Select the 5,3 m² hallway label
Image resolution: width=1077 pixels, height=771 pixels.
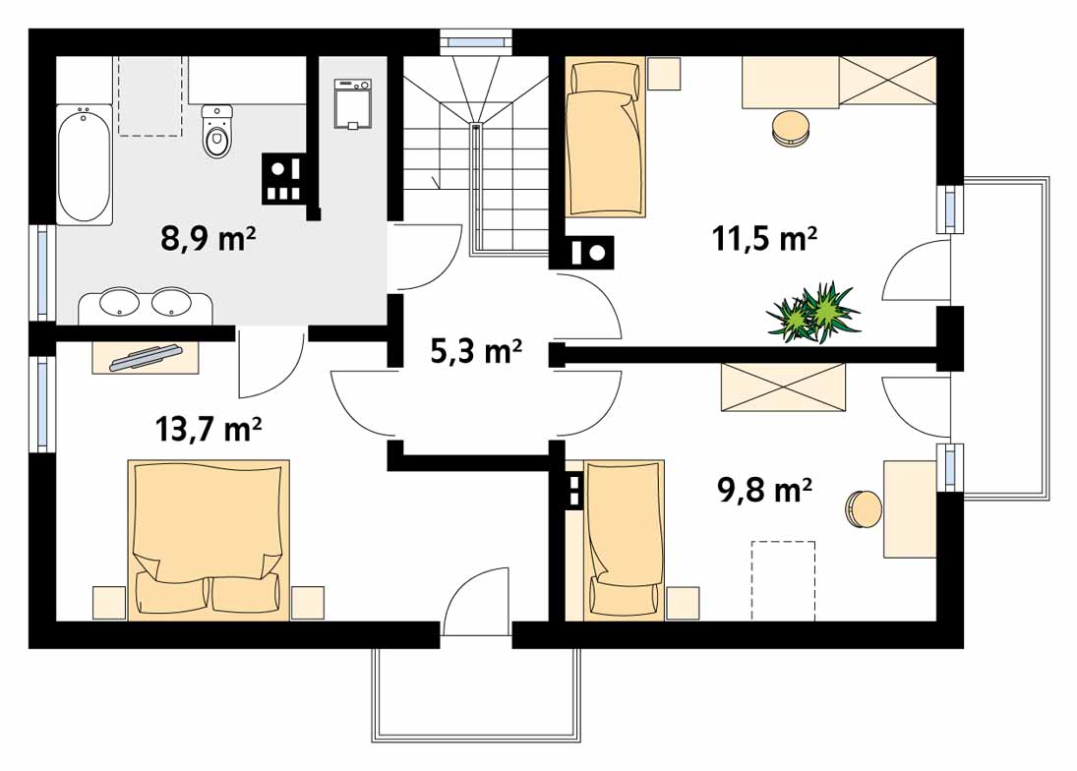pyautogui.click(x=476, y=350)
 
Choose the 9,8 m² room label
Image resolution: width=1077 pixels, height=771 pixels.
pyautogui.click(x=764, y=489)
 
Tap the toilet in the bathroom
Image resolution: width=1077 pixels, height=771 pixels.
pyautogui.click(x=218, y=133)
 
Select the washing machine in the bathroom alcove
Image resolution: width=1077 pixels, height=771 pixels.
pyautogui.click(x=352, y=105)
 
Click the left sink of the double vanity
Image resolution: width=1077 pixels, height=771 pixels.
pyautogui.click(x=120, y=302)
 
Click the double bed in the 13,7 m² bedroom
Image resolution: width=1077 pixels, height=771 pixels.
pyautogui.click(x=209, y=539)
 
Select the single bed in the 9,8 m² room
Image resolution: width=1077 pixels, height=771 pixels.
pyautogui.click(x=625, y=539)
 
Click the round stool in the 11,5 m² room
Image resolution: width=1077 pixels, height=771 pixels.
pyautogui.click(x=791, y=128)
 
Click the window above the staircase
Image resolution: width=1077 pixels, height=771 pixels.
pyautogui.click(x=476, y=41)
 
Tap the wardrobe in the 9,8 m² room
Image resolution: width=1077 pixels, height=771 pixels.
pyautogui.click(x=783, y=386)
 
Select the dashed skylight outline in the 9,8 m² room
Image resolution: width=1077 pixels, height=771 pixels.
pyautogui.click(x=783, y=580)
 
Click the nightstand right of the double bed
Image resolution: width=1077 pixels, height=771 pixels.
pyautogui.click(x=308, y=602)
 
